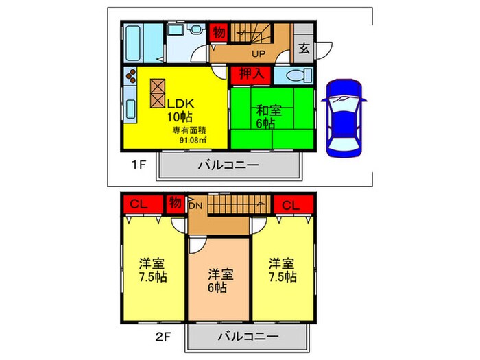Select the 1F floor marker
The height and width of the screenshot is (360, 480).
pos(139,165)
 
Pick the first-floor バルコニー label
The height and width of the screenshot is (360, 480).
pos(228,165)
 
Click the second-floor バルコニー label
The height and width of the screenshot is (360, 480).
pos(249,337)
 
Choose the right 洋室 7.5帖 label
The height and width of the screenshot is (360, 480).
pos(282,270)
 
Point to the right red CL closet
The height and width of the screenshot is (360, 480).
pos(291,204)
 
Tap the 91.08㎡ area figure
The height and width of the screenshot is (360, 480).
pos(194,139)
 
